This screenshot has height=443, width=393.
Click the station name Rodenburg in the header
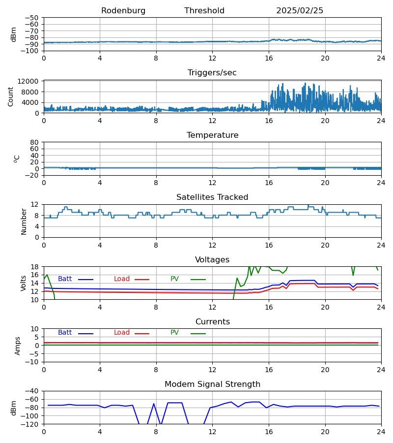point(123,11)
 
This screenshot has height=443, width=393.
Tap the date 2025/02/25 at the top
point(300,11)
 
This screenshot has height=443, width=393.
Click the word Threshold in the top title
point(204,11)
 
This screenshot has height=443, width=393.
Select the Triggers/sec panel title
point(212,73)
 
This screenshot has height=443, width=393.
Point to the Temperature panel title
point(212,135)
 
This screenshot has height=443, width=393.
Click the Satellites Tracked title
point(212,197)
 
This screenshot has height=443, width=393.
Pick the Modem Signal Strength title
point(212,384)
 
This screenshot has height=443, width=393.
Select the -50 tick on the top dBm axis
point(33,18)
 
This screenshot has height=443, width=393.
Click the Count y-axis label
point(11,96)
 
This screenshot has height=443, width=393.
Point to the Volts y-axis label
point(24,283)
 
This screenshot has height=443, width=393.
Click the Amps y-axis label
point(18,346)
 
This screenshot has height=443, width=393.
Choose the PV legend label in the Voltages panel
point(174,279)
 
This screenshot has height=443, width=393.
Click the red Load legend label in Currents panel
point(122,333)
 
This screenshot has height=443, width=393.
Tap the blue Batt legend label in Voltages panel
point(65,279)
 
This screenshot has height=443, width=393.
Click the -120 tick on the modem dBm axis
point(31,424)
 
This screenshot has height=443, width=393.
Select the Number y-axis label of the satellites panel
point(24,221)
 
